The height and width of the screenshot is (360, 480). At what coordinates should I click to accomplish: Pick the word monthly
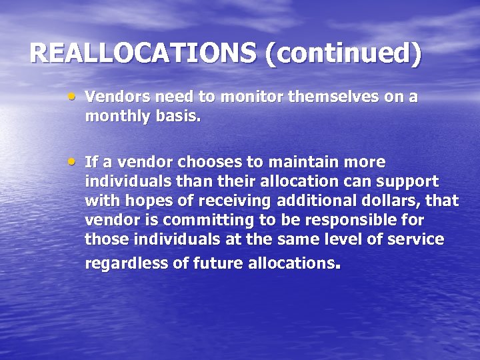115,117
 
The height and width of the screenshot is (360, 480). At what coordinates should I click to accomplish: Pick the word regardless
127,263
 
